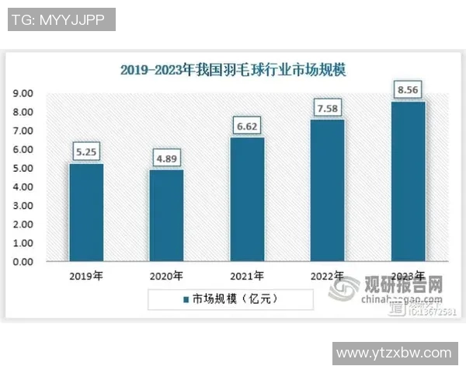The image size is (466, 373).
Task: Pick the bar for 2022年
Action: (x=328, y=190)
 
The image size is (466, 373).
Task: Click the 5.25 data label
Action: (x=86, y=152)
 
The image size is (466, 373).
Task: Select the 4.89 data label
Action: (x=166, y=159)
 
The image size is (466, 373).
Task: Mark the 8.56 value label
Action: (x=408, y=89)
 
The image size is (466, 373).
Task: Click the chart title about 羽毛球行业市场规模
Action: (x=233, y=70)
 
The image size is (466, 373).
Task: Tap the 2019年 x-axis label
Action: (x=86, y=276)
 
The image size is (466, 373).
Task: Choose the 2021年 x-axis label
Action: (x=247, y=276)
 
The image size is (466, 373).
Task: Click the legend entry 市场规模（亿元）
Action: (x=230, y=298)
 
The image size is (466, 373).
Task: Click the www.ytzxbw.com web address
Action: (x=395, y=354)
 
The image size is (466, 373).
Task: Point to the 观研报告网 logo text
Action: (x=404, y=285)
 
